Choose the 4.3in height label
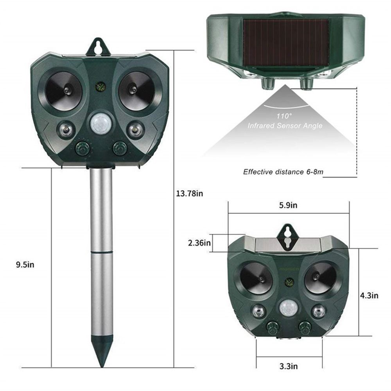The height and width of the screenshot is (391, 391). point(369,295)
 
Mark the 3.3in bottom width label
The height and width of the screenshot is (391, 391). point(289,366)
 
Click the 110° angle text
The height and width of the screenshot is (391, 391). point(285,116)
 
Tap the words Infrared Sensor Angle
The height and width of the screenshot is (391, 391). point(285,126)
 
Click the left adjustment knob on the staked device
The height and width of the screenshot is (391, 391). point(83,149)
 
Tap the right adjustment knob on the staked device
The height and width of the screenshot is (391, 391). point(119,149)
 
